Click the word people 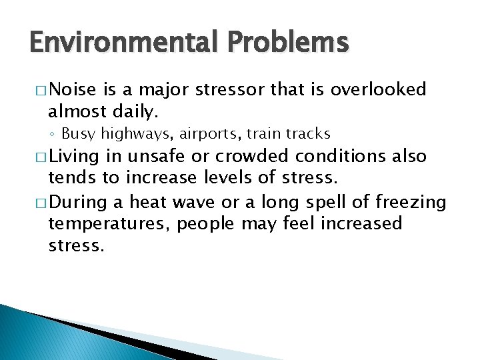[207, 223]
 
